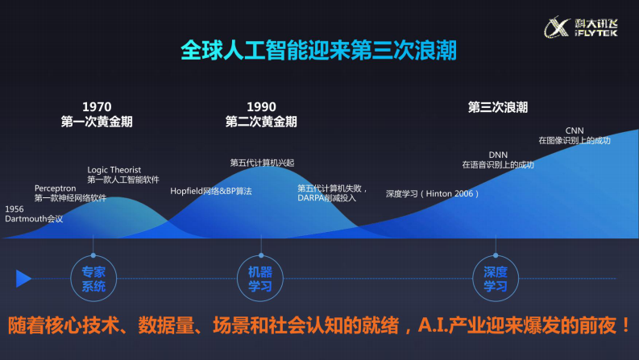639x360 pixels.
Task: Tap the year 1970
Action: [x=97, y=107]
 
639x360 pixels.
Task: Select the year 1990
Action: [x=261, y=107]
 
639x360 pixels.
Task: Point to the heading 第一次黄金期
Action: [x=97, y=122]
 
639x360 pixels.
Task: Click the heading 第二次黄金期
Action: [x=261, y=122]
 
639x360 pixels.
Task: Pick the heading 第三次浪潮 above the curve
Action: [x=498, y=107]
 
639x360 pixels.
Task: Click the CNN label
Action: [x=575, y=130]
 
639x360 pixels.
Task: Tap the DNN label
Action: [x=498, y=155]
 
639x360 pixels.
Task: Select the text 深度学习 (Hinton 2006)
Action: [x=433, y=194]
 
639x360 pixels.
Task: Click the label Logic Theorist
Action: [x=114, y=170]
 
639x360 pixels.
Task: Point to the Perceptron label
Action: [x=56, y=188]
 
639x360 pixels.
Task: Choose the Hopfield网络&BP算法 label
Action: [x=211, y=192]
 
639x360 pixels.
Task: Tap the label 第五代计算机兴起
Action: [x=262, y=163]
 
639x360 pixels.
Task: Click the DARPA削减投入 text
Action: [x=327, y=197]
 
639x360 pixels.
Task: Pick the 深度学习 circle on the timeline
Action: [x=495, y=279]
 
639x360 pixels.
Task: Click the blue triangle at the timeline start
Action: [x=23, y=279]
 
